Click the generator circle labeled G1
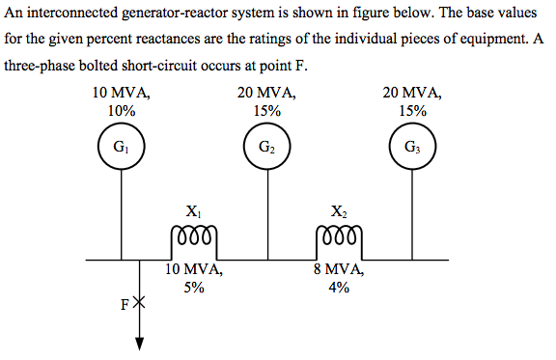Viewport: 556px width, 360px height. (122, 149)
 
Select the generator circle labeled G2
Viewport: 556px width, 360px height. (267, 149)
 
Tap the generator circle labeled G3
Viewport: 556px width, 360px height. (412, 149)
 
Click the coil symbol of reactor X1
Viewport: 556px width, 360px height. (194, 236)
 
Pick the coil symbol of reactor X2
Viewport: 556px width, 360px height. (339, 236)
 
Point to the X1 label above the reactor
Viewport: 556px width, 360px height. (194, 210)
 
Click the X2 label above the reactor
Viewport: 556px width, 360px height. (339, 210)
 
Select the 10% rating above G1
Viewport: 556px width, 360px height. (121, 111)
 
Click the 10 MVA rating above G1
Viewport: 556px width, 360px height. (121, 94)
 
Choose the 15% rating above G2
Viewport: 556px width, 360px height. (266, 111)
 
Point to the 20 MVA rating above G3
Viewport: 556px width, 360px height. (412, 94)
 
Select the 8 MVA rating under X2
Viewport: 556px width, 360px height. (338, 270)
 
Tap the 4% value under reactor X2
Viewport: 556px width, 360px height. (338, 287)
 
